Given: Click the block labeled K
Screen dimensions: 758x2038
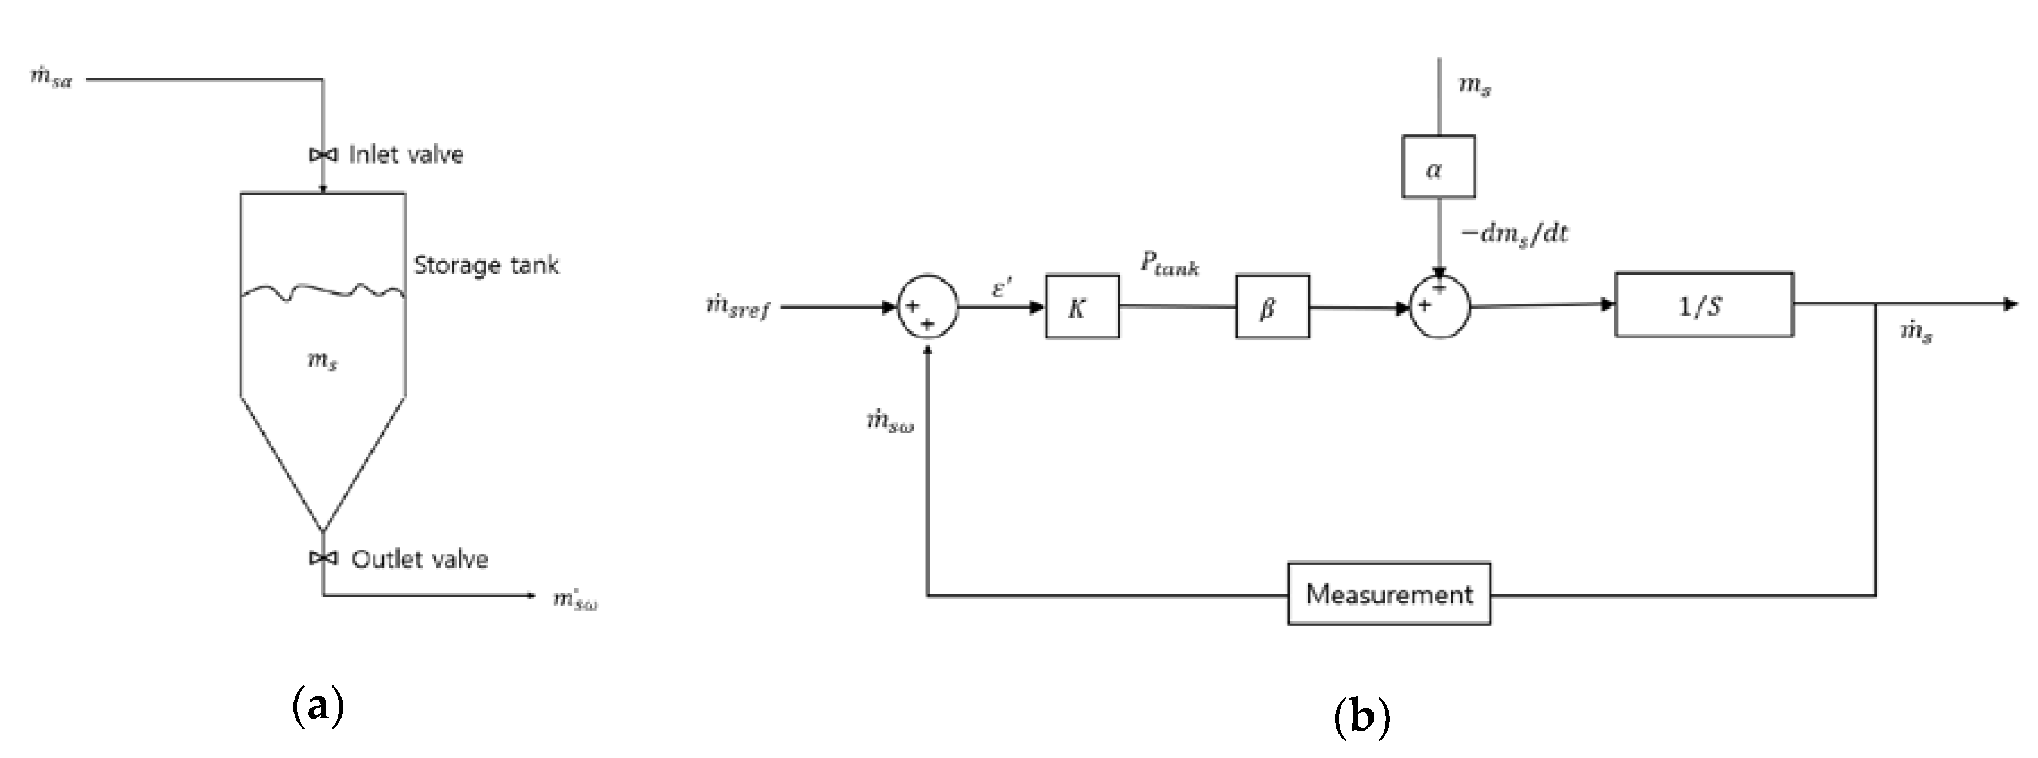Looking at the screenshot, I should [1081, 307].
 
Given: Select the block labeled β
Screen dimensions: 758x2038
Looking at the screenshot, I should [1272, 307].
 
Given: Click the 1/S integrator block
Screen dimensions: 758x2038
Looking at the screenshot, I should [1703, 305].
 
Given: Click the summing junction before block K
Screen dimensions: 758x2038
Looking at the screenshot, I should [927, 307].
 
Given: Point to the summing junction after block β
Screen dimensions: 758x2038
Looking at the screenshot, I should [1440, 307].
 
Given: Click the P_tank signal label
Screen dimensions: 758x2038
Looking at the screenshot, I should [1169, 264].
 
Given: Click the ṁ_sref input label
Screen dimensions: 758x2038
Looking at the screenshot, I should [737, 307].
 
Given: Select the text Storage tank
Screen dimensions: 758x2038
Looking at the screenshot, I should [486, 265].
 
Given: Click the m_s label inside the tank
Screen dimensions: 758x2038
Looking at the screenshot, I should [322, 361].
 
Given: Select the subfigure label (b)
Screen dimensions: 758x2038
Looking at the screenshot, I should [1361, 718].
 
